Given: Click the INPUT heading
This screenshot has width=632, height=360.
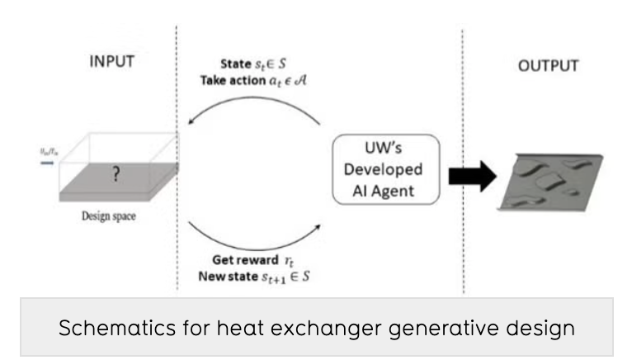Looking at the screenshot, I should click(x=111, y=63).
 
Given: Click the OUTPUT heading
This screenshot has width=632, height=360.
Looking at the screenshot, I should click(x=549, y=65).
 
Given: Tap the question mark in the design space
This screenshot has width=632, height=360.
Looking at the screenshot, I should click(x=118, y=176).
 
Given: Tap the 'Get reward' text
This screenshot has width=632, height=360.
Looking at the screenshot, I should click(x=243, y=259).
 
